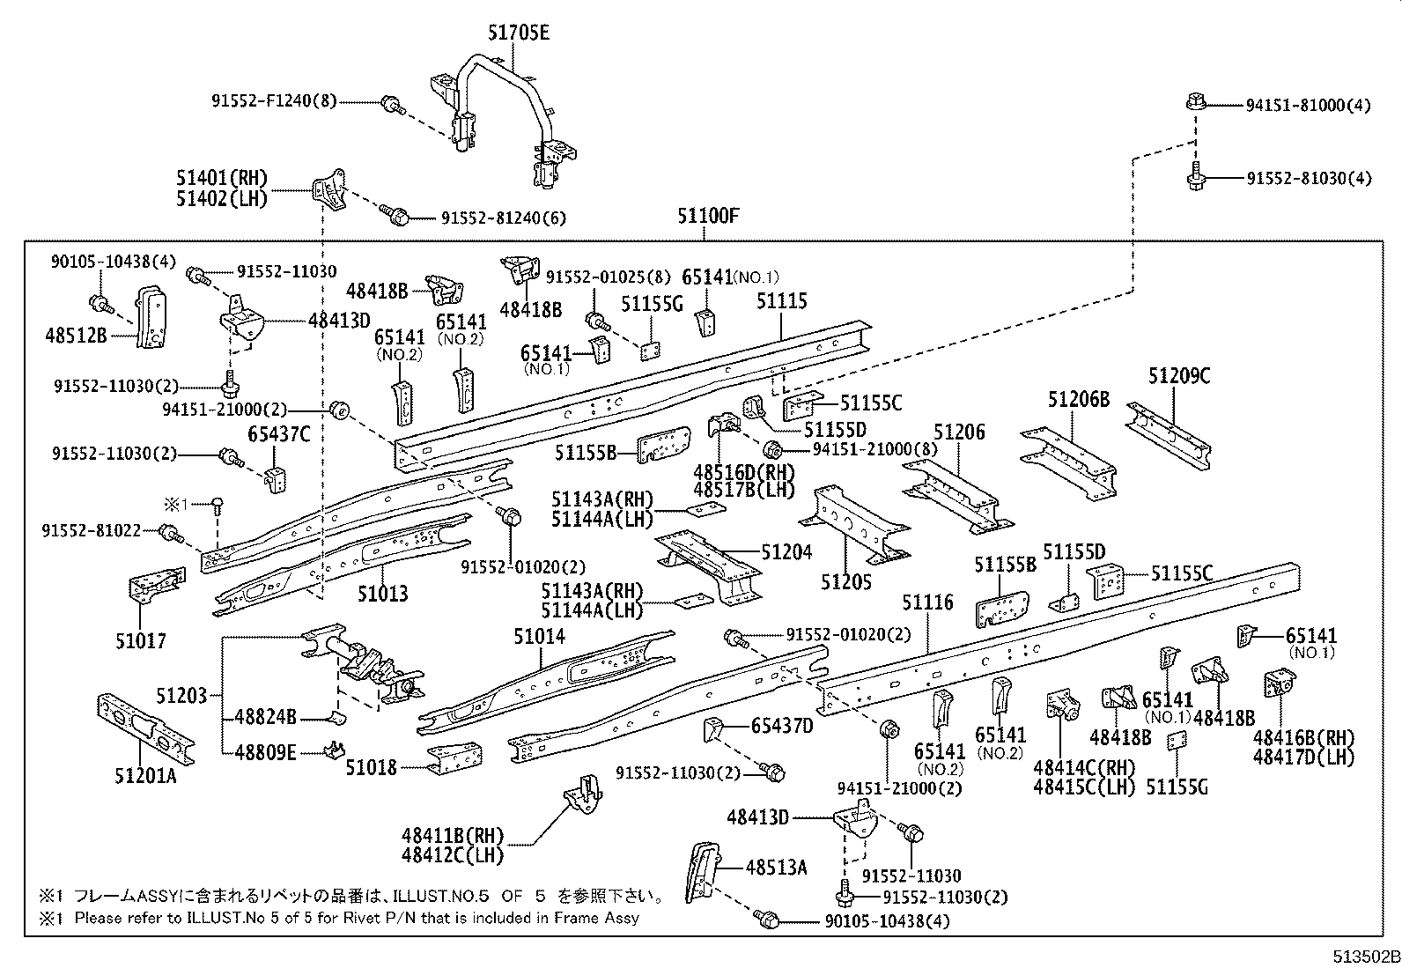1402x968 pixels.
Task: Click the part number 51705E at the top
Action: tap(518, 33)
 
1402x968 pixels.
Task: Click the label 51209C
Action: tap(1179, 376)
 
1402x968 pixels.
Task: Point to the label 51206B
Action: tap(1078, 400)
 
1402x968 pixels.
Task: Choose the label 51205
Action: tap(845, 581)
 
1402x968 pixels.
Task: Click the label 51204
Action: tap(786, 552)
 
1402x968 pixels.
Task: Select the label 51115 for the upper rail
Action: tap(781, 301)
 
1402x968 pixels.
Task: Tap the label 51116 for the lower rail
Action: tap(927, 602)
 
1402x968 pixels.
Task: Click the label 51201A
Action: tap(145, 776)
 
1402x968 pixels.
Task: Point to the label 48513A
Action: tap(776, 868)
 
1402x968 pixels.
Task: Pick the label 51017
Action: tap(140, 640)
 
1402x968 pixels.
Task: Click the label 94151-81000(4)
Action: tap(1308, 105)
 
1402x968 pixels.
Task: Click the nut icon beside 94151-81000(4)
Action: tap(1195, 101)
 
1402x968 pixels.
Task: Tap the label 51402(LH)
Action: tap(221, 199)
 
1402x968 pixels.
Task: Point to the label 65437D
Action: tap(782, 726)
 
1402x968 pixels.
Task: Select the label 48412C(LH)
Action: tap(453, 853)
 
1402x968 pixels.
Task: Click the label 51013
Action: tap(382, 594)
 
